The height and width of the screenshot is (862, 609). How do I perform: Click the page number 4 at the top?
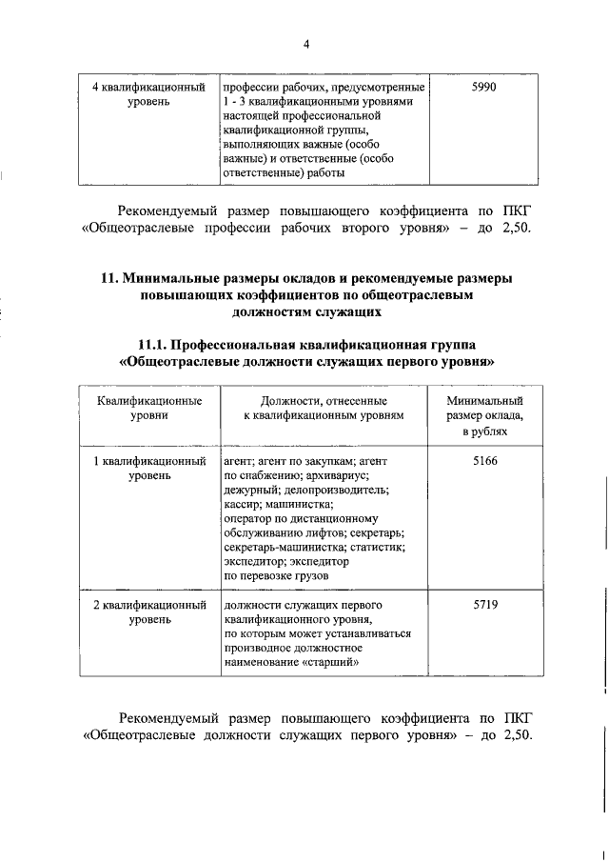point(306,44)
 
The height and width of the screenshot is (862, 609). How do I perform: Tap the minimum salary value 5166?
point(485,461)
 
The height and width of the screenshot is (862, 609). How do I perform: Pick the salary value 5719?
point(485,605)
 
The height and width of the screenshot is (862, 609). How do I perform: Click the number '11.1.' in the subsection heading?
point(158,345)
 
